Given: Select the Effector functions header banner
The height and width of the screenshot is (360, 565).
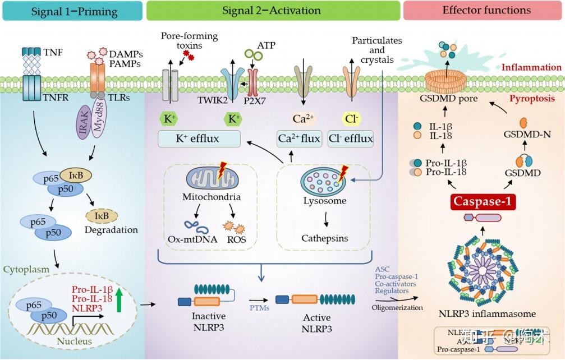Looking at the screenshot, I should pos(486,11).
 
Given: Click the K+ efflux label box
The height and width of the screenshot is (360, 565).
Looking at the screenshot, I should pos(199,138).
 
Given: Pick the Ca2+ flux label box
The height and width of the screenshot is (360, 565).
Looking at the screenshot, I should pos(299,138).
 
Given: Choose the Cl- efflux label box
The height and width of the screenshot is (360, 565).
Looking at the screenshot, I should pos(351,138).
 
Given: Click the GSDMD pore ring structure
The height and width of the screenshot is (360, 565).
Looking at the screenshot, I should pos(449,82).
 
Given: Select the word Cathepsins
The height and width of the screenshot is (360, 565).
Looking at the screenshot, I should pos(324,238).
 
